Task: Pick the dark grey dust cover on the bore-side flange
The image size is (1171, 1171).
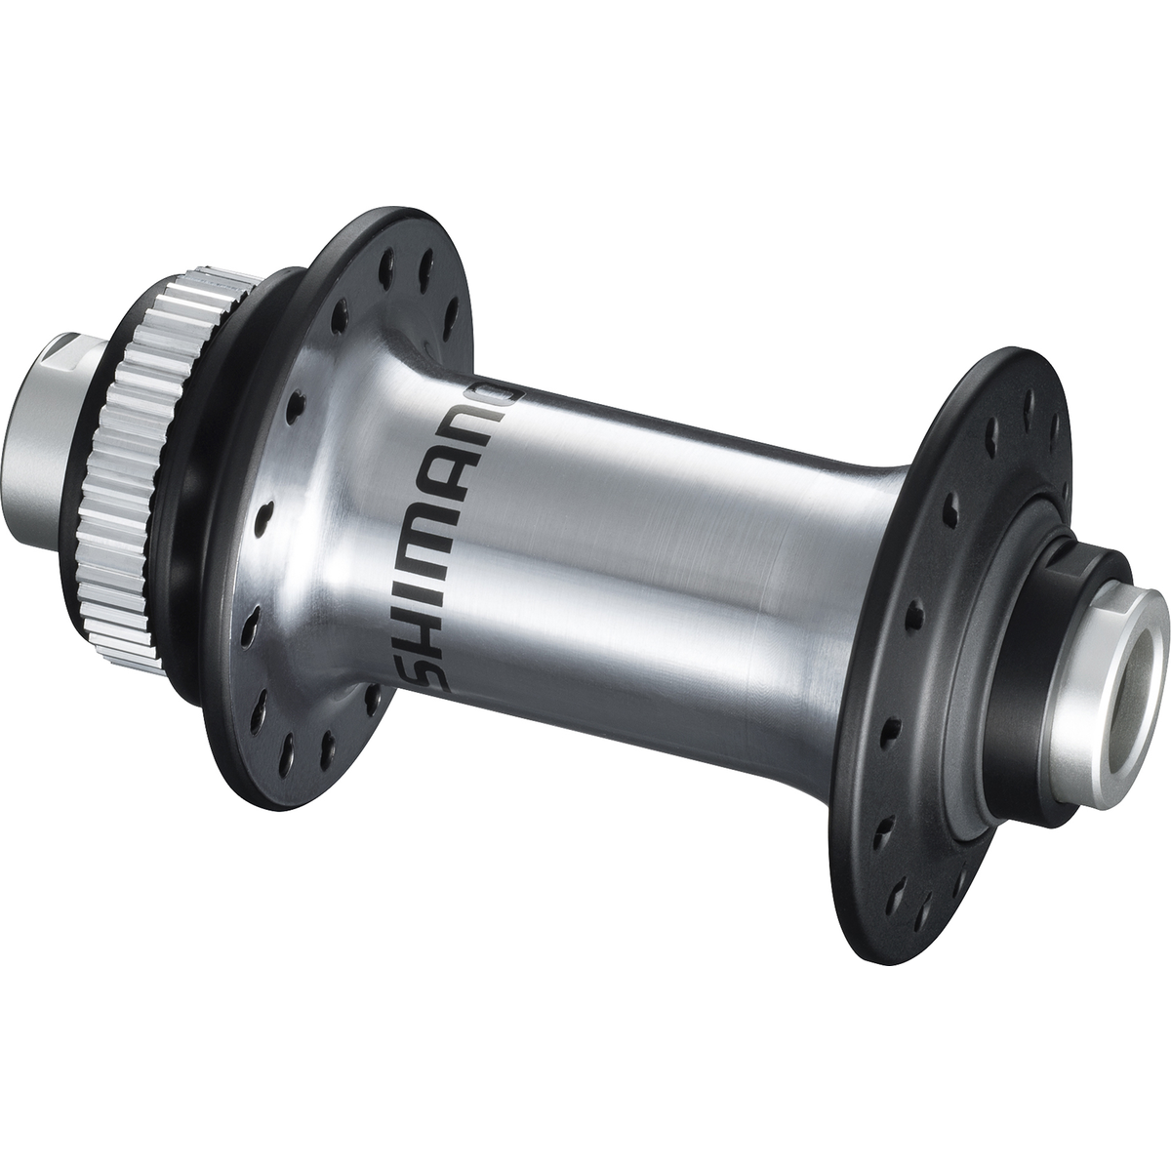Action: pos(995,625)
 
